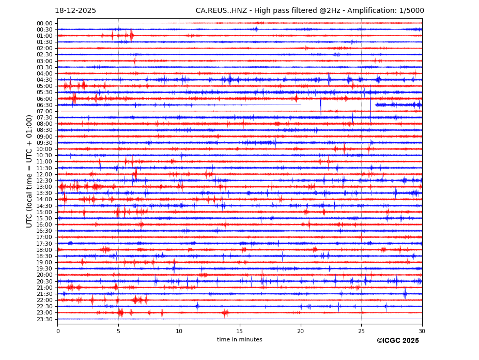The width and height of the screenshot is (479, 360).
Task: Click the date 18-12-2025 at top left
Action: click(x=75, y=11)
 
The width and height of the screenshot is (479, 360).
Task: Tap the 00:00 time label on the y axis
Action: click(x=44, y=23)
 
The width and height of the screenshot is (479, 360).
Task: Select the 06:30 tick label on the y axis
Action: click(x=44, y=105)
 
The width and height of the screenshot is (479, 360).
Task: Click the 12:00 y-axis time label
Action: click(x=44, y=174)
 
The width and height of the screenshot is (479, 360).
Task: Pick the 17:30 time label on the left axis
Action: click(x=44, y=244)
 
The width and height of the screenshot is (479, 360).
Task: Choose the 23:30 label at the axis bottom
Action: click(x=44, y=319)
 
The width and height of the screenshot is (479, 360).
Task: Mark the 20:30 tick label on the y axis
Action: click(x=44, y=281)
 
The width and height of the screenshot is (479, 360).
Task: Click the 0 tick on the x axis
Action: click(x=58, y=331)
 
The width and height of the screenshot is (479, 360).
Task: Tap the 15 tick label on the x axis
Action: click(x=240, y=331)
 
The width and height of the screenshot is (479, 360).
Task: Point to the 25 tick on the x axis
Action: click(x=361, y=331)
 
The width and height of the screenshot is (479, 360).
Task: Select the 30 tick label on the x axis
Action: click(x=422, y=331)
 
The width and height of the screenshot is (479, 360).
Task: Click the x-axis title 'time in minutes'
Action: click(x=240, y=340)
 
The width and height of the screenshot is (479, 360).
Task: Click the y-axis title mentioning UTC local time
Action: click(x=29, y=171)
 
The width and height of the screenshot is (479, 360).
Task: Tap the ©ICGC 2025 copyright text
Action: click(x=398, y=341)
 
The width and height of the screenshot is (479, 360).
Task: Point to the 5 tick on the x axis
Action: click(x=118, y=331)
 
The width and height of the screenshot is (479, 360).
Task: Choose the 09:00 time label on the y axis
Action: click(x=44, y=137)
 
